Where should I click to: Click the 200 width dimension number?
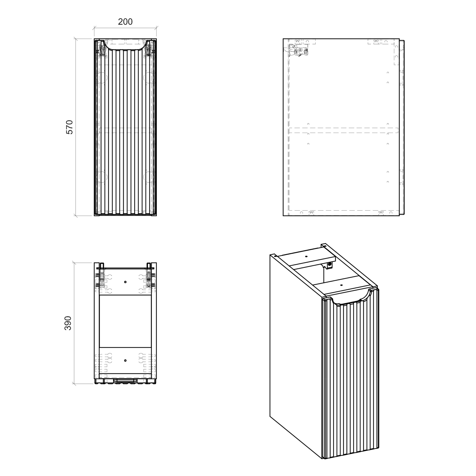[x=125, y=22]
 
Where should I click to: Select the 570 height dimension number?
[x=69, y=127]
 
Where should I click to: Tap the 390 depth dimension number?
[x=68, y=323]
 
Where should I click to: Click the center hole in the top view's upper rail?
[x=125, y=282]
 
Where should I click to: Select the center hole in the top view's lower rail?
[x=125, y=361]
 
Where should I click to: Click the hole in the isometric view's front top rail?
[x=341, y=284]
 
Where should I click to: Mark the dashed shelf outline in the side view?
[x=344, y=130]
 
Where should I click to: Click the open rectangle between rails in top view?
[x=125, y=321]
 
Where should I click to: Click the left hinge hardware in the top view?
[x=101, y=278]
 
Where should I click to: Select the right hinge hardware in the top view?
[x=149, y=278]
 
